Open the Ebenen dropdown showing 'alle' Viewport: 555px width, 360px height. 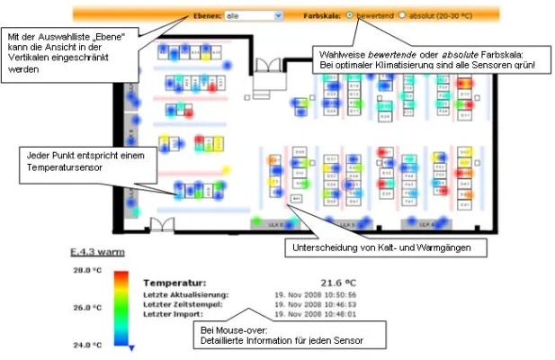coord(254,15)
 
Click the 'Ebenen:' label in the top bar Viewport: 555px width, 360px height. coord(206,15)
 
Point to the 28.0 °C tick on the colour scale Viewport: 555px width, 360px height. coord(87,269)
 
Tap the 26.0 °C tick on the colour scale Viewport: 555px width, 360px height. coord(87,307)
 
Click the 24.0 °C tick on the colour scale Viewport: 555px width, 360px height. coord(87,345)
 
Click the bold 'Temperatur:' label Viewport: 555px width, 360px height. coord(175,282)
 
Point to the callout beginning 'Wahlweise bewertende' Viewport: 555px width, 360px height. coord(427,59)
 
